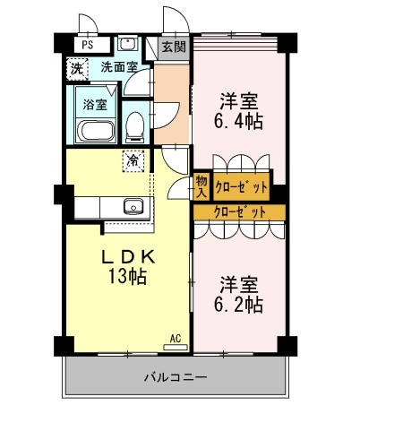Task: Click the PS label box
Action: pyautogui.click(x=88, y=44)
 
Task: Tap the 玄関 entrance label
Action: pyautogui.click(x=173, y=47)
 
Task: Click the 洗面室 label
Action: pyautogui.click(x=118, y=66)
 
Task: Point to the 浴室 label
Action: pyautogui.click(x=95, y=104)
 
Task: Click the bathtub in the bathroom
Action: pyautogui.click(x=96, y=132)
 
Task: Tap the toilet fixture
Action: pyautogui.click(x=135, y=128)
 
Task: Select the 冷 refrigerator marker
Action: pyautogui.click(x=133, y=161)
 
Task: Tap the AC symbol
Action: pyautogui.click(x=176, y=338)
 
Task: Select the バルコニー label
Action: pyautogui.click(x=176, y=377)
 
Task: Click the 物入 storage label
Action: pyautogui.click(x=201, y=186)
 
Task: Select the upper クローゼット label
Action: pyautogui.click(x=242, y=186)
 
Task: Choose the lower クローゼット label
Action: pyautogui.click(x=240, y=212)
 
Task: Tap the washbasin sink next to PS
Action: pyautogui.click(x=127, y=43)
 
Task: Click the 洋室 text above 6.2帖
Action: pyautogui.click(x=239, y=285)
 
